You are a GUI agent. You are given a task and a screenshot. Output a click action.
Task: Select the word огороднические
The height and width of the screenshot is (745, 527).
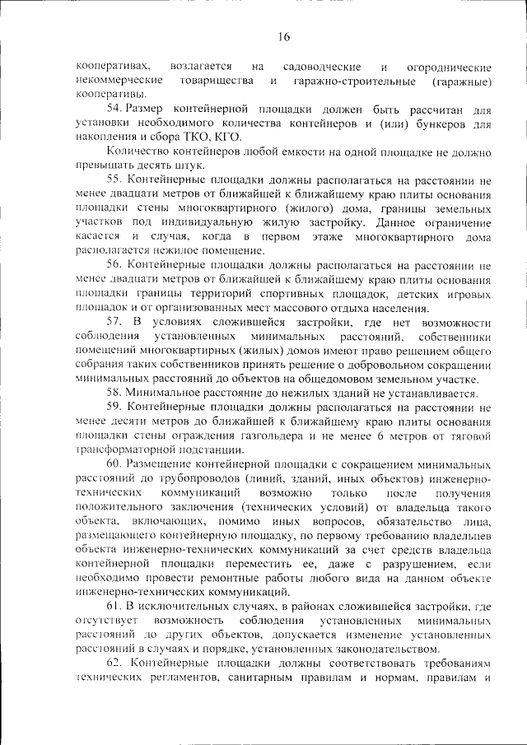pos(450,67)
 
